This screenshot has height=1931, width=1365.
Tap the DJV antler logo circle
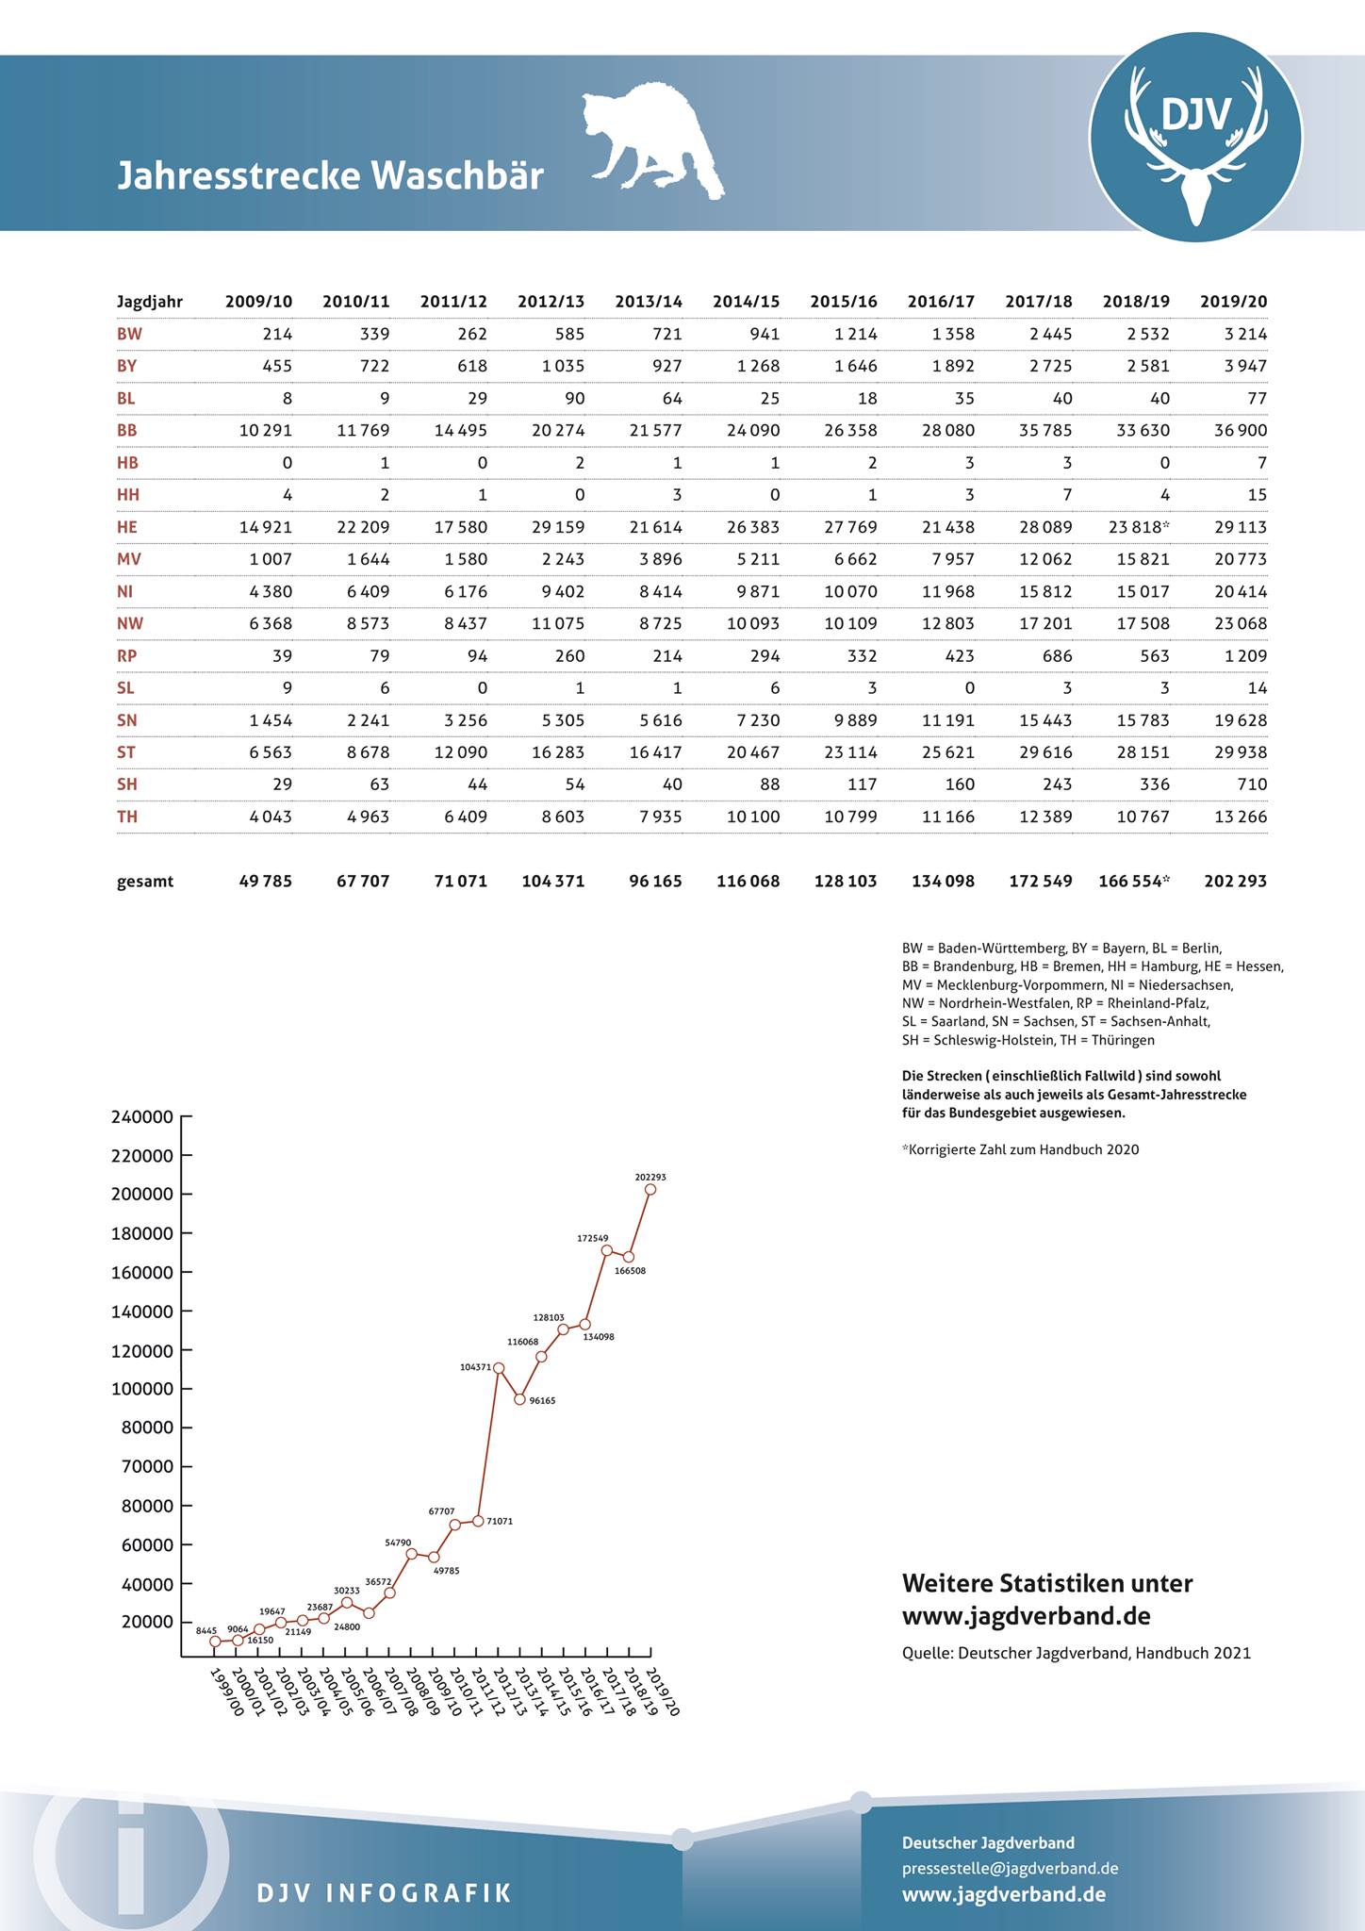tap(1195, 138)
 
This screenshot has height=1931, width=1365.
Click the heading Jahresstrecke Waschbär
tap(330, 176)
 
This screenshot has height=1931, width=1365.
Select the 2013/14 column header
tap(649, 302)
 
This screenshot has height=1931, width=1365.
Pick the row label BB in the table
tap(127, 431)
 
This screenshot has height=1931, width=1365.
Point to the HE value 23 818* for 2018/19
tap(1139, 527)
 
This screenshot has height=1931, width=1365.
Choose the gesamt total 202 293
tap(1235, 882)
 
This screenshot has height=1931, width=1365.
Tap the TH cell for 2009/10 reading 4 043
tap(271, 817)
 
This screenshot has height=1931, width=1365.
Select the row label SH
tap(127, 784)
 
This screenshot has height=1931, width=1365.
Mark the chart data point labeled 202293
tap(650, 1190)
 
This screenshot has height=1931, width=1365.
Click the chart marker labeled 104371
tap(499, 1368)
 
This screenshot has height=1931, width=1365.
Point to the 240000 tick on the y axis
tap(142, 1117)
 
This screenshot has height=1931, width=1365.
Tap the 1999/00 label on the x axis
tap(225, 1692)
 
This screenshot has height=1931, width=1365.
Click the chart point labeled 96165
tap(519, 1399)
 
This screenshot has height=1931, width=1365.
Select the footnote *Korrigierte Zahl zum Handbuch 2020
tap(1020, 1149)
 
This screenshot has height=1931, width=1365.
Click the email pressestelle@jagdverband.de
tap(1010, 1868)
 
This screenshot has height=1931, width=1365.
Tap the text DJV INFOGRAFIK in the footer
tap(384, 1892)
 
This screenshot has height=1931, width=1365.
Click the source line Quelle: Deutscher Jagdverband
tap(1076, 1652)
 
